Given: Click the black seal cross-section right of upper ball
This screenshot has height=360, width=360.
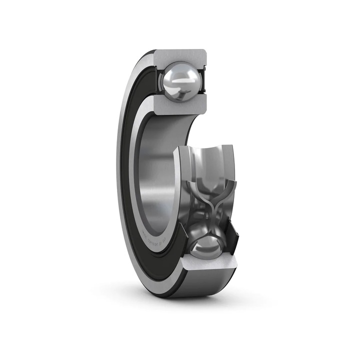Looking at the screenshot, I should coord(204,80).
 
